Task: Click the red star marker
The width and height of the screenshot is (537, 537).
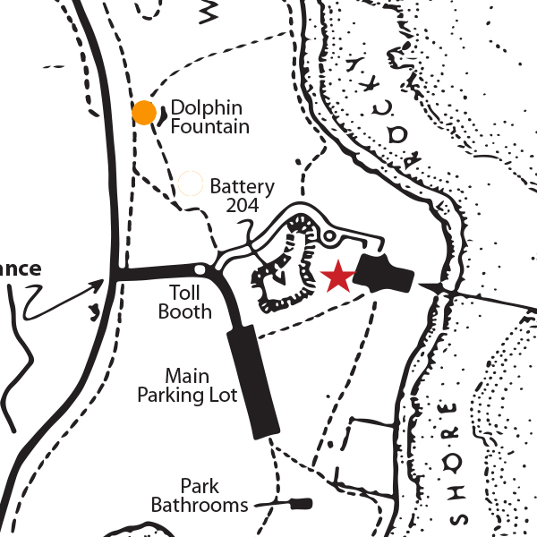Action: [337, 277]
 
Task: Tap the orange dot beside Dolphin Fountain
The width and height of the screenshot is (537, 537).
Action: [144, 113]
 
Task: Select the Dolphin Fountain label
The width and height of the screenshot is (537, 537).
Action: [209, 117]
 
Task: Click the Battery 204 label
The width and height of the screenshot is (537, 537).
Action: [241, 196]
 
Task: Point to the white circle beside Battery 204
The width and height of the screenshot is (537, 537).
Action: [190, 183]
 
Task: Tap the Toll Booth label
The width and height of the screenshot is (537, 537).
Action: [184, 303]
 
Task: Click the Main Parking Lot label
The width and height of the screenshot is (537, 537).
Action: [186, 384]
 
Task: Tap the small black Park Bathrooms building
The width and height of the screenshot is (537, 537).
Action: [303, 503]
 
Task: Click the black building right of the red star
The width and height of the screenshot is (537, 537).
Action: [382, 273]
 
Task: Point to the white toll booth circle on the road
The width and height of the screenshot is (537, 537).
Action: [200, 268]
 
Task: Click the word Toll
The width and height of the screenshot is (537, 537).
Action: [184, 293]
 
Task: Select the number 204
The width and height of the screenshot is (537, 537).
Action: [242, 205]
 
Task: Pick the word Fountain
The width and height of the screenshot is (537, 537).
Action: [209, 126]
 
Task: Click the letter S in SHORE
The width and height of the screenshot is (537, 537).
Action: [463, 519]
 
